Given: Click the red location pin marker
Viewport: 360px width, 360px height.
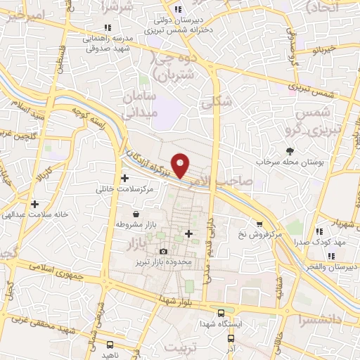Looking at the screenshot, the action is pyautogui.click(x=181, y=165).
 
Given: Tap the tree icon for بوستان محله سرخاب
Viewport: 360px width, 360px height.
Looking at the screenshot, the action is pyautogui.click(x=290, y=151).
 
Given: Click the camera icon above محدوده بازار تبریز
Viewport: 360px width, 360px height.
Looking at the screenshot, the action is pyautogui.click(x=164, y=251).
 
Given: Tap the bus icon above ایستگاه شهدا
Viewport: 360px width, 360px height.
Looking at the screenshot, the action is pyautogui.click(x=221, y=313).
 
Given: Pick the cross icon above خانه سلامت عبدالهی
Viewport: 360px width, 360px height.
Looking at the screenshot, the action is pyautogui.click(x=34, y=204).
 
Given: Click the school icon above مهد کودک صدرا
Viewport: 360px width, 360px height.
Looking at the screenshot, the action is pyautogui.click(x=319, y=231).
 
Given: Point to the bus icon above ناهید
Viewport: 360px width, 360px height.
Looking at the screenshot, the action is pyautogui.click(x=110, y=345).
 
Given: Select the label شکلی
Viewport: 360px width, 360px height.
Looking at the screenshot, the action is pyautogui.click(x=215, y=103).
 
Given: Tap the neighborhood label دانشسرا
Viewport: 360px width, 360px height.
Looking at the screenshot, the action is pyautogui.click(x=318, y=320).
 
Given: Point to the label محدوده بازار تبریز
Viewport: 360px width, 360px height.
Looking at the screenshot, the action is pyautogui.click(x=166, y=262).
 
